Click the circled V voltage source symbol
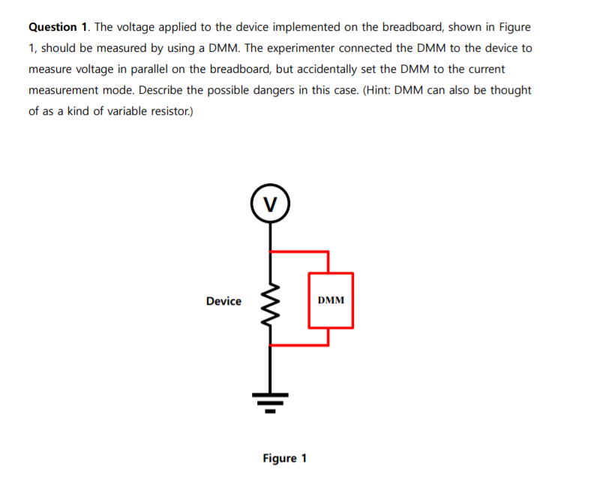[x=270, y=202]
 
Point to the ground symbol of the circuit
[x=270, y=402]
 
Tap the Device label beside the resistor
[x=223, y=301]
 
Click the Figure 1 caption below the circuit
[x=284, y=458]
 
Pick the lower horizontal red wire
[x=298, y=345]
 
